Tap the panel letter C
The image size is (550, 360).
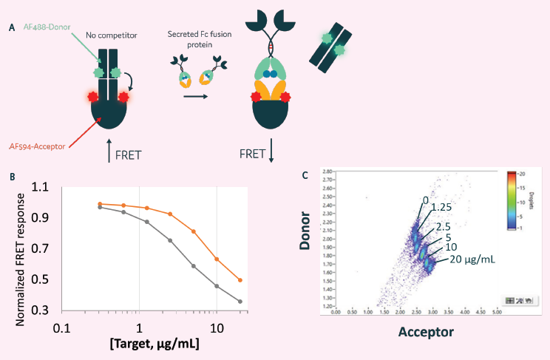pos(307,175)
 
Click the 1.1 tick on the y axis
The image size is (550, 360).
pos(48,189)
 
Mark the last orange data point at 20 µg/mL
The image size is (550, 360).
pos(240,280)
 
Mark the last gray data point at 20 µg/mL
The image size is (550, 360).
pos(240,302)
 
